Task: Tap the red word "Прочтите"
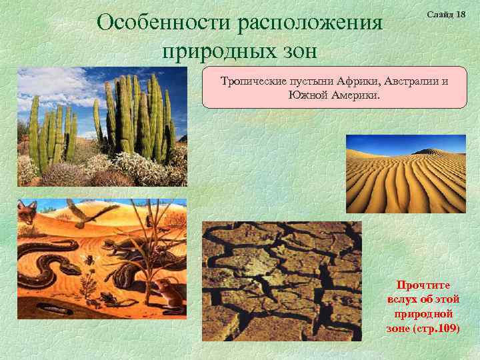click(423, 284)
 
